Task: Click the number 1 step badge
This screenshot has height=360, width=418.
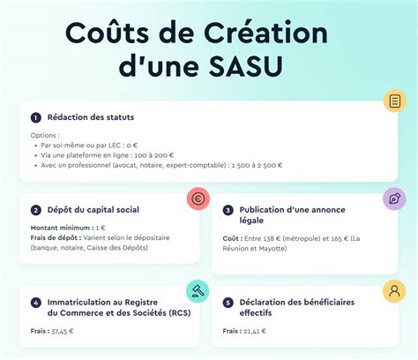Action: pos(36,117)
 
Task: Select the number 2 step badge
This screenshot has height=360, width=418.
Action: pos(36,210)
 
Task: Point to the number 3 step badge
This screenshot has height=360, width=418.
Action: pos(228,210)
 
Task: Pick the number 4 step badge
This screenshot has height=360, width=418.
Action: pos(36,302)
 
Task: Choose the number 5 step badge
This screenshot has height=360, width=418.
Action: pos(228,302)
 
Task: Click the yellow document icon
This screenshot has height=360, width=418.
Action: pos(394,101)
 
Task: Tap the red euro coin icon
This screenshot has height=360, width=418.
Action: pos(198,199)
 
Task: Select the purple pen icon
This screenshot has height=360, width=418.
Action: pos(394,199)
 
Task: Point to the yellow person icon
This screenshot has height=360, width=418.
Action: pos(394,290)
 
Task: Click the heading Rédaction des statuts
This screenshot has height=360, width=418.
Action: pos(91,117)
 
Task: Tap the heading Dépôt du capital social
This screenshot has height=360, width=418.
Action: pos(93,210)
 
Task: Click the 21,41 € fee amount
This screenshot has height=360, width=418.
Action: pos(254,332)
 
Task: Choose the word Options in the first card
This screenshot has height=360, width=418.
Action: pos(45,134)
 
